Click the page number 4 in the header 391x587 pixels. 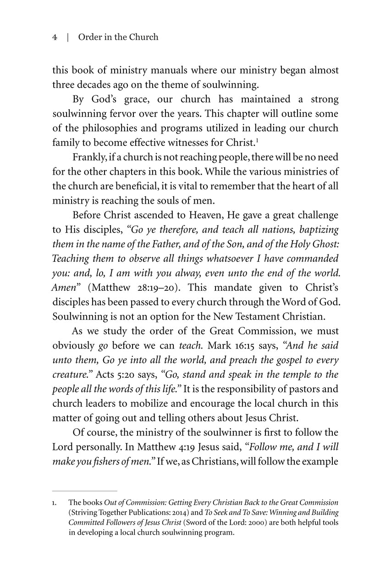pyautogui.click(x=54, y=37)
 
